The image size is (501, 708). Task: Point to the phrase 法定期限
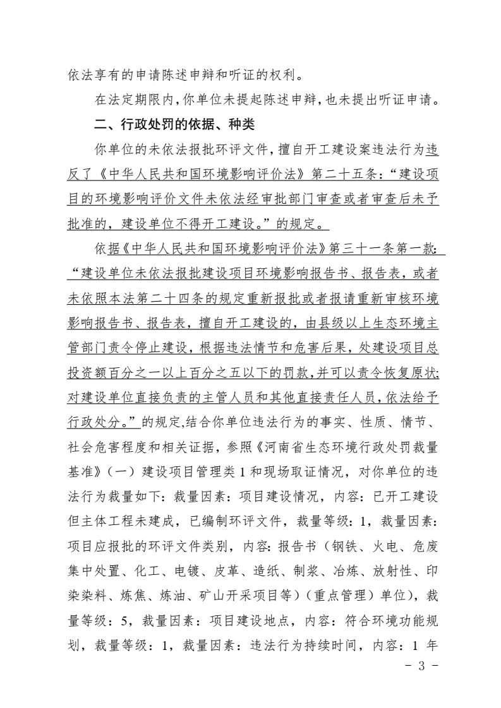tap(133, 99)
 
